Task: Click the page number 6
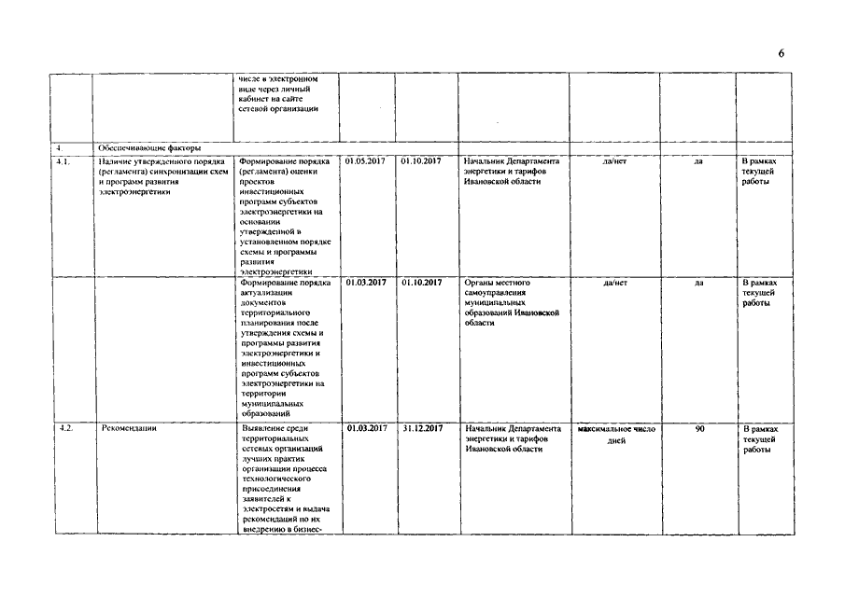click(781, 53)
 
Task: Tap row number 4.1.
click(62, 161)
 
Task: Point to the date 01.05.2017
click(365, 161)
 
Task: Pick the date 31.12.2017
click(422, 428)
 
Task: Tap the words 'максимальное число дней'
click(616, 434)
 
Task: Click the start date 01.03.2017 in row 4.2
click(366, 428)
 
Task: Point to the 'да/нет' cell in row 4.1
click(616, 161)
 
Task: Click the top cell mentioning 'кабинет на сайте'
click(278, 94)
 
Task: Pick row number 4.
click(59, 147)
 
